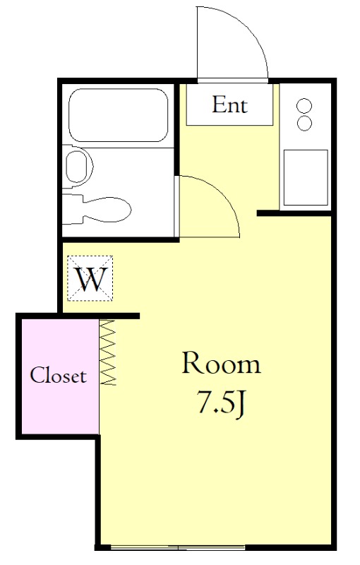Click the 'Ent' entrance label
(x=229, y=105)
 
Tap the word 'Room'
(x=221, y=363)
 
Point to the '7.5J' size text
(x=221, y=403)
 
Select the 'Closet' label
(x=59, y=376)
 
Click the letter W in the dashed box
(x=90, y=279)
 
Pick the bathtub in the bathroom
(x=119, y=115)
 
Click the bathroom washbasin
(x=78, y=167)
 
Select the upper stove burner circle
(x=304, y=106)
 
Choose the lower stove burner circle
(x=304, y=123)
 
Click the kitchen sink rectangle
(x=306, y=177)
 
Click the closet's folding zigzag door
(x=108, y=352)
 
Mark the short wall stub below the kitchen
(x=294, y=213)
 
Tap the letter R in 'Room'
(x=191, y=363)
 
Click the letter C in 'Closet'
(x=36, y=376)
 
